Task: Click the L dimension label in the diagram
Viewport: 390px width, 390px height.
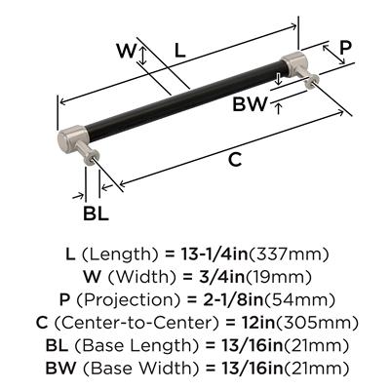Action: coord(179,51)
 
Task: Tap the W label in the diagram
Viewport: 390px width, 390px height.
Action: coord(127,51)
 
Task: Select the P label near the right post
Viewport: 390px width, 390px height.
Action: coord(345,48)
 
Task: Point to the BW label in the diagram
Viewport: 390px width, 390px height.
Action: coord(250,104)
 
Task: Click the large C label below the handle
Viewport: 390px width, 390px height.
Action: coord(235,159)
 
